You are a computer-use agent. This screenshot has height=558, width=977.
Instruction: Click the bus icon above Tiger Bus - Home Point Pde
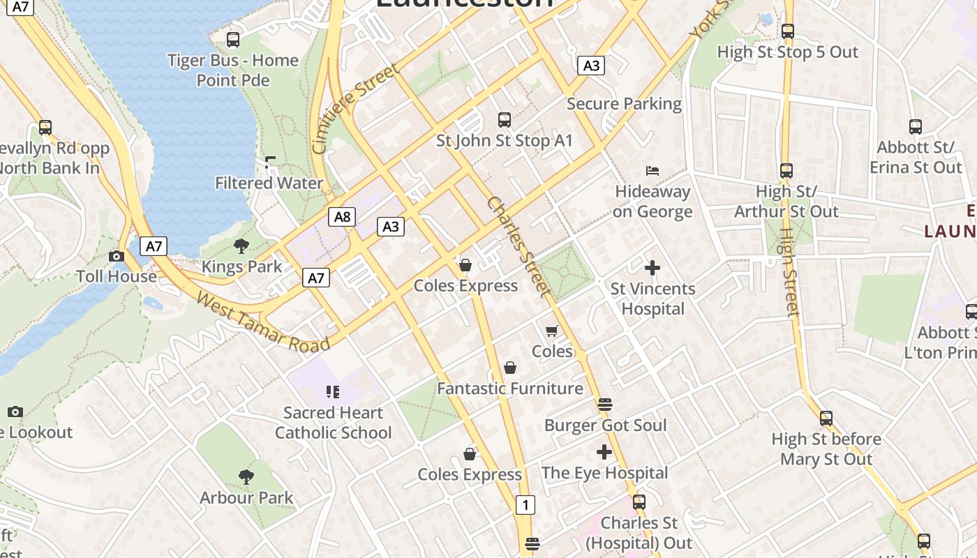[233, 40]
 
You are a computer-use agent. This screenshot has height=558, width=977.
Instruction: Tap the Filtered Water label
[269, 183]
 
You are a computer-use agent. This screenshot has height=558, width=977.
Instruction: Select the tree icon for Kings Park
[241, 246]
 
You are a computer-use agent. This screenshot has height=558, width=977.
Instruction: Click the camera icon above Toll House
[117, 256]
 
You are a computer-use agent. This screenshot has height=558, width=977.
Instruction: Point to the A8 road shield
[342, 216]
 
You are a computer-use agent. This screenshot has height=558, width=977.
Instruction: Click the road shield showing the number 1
[525, 504]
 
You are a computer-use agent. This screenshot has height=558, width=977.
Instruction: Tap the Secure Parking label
[624, 104]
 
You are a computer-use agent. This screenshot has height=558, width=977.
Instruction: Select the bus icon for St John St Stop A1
[505, 120]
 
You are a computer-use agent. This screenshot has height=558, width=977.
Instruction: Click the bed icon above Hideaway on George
[652, 171]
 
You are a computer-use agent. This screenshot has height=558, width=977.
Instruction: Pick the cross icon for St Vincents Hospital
[652, 268]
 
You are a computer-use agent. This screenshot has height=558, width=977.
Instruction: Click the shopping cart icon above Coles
[552, 331]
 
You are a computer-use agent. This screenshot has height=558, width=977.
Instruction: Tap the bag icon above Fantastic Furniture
[510, 368]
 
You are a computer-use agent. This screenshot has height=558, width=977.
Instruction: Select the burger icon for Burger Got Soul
[605, 405]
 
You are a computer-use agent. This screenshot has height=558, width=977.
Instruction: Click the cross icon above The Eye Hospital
[604, 452]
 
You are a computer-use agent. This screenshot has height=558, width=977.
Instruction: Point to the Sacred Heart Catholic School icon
[333, 392]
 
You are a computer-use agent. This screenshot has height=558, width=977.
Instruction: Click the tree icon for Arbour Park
[246, 477]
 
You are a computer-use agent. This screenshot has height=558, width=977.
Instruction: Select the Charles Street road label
[519, 246]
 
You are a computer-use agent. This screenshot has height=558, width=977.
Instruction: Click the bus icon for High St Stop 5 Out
[788, 31]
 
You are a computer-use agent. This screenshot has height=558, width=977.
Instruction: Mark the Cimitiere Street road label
[356, 108]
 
